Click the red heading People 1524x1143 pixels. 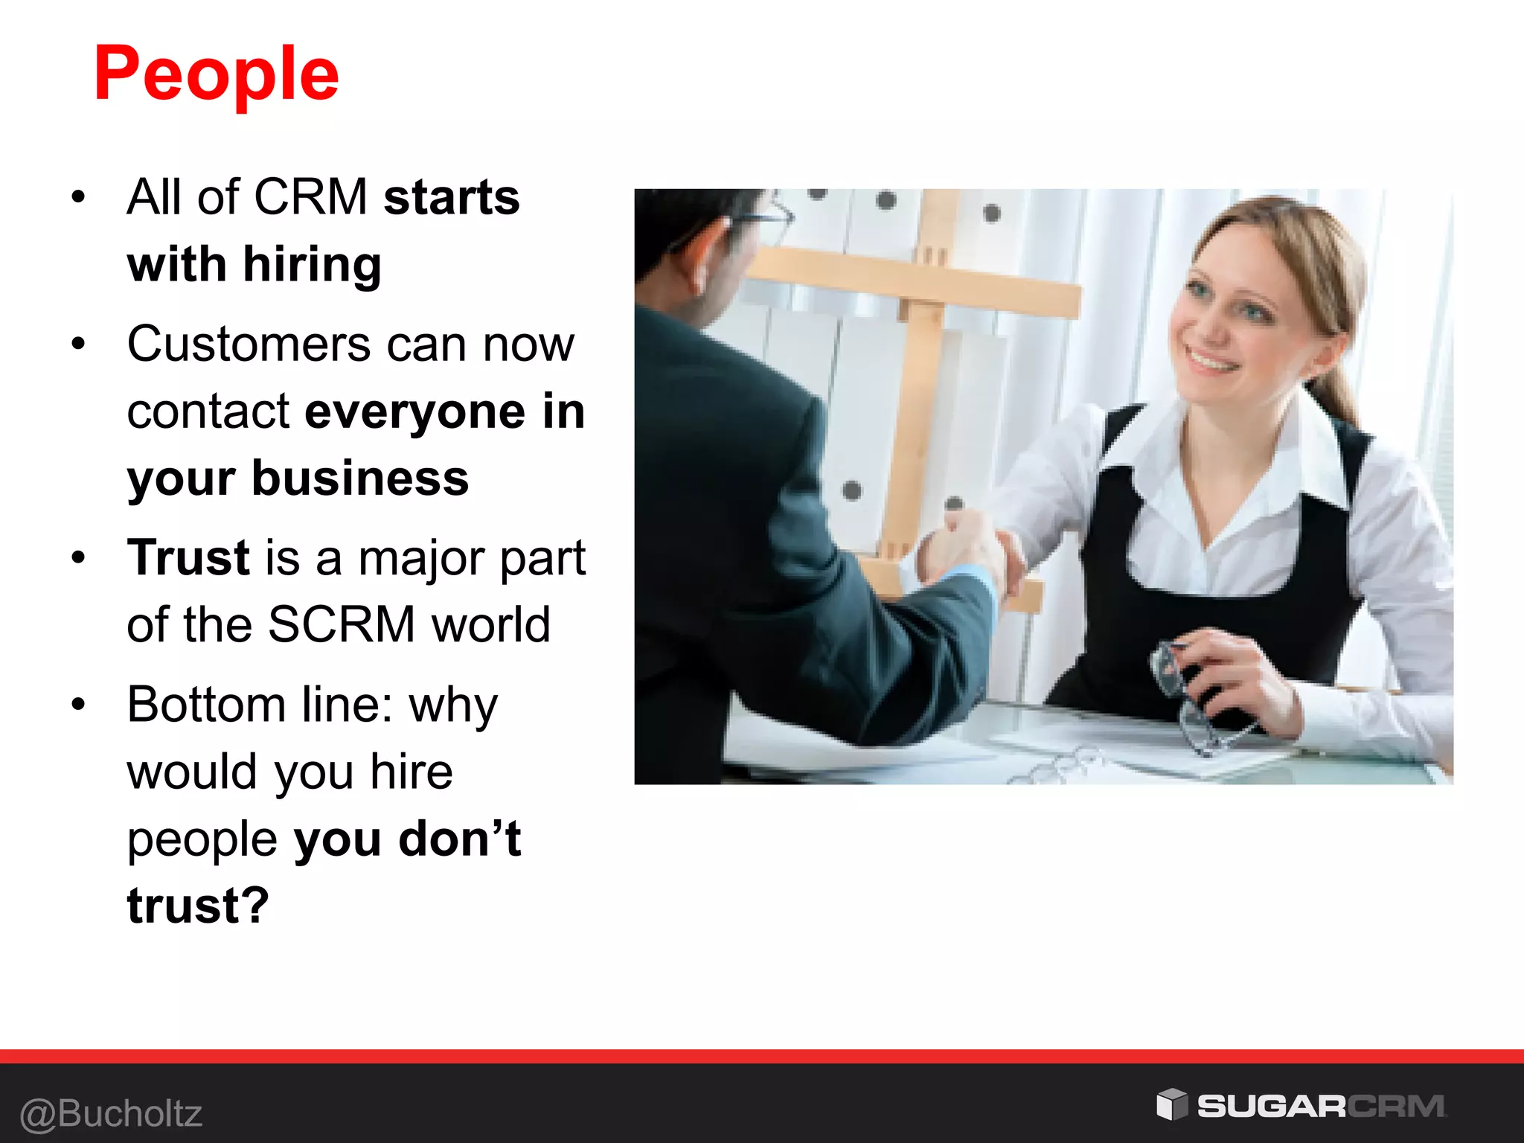point(216,74)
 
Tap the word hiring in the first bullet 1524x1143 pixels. point(312,265)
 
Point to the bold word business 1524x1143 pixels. point(360,478)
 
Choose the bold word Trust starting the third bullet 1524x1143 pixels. point(188,557)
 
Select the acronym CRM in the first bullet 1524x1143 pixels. point(310,197)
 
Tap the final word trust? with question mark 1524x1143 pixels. point(198,906)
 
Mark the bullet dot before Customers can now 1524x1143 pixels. point(79,345)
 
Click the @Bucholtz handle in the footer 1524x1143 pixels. point(112,1114)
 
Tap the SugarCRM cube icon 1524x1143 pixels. point(1172,1104)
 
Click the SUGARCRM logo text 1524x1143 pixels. point(1320,1107)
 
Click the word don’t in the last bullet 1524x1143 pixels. point(460,839)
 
